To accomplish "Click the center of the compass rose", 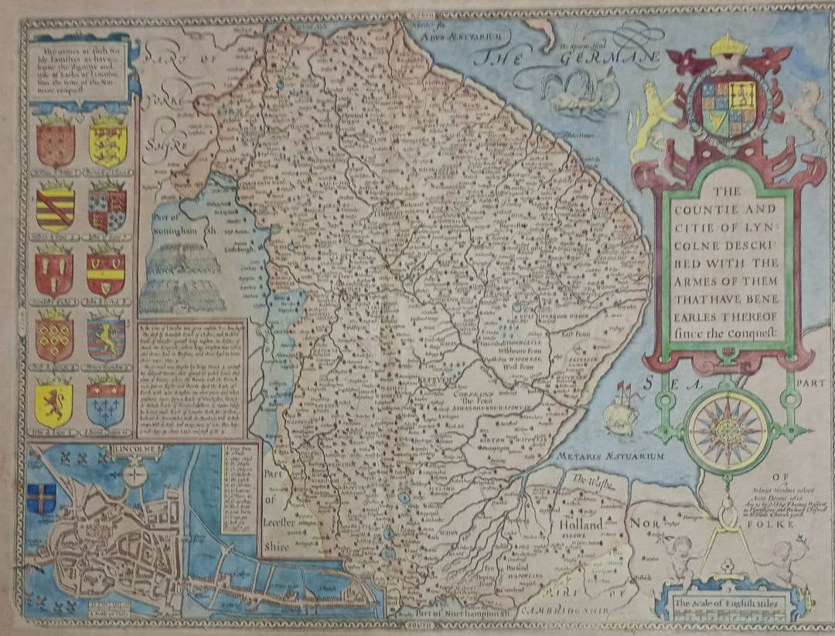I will tap(727, 430).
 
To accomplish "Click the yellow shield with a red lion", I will tap(54, 405).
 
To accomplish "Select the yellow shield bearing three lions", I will tap(107, 143).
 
